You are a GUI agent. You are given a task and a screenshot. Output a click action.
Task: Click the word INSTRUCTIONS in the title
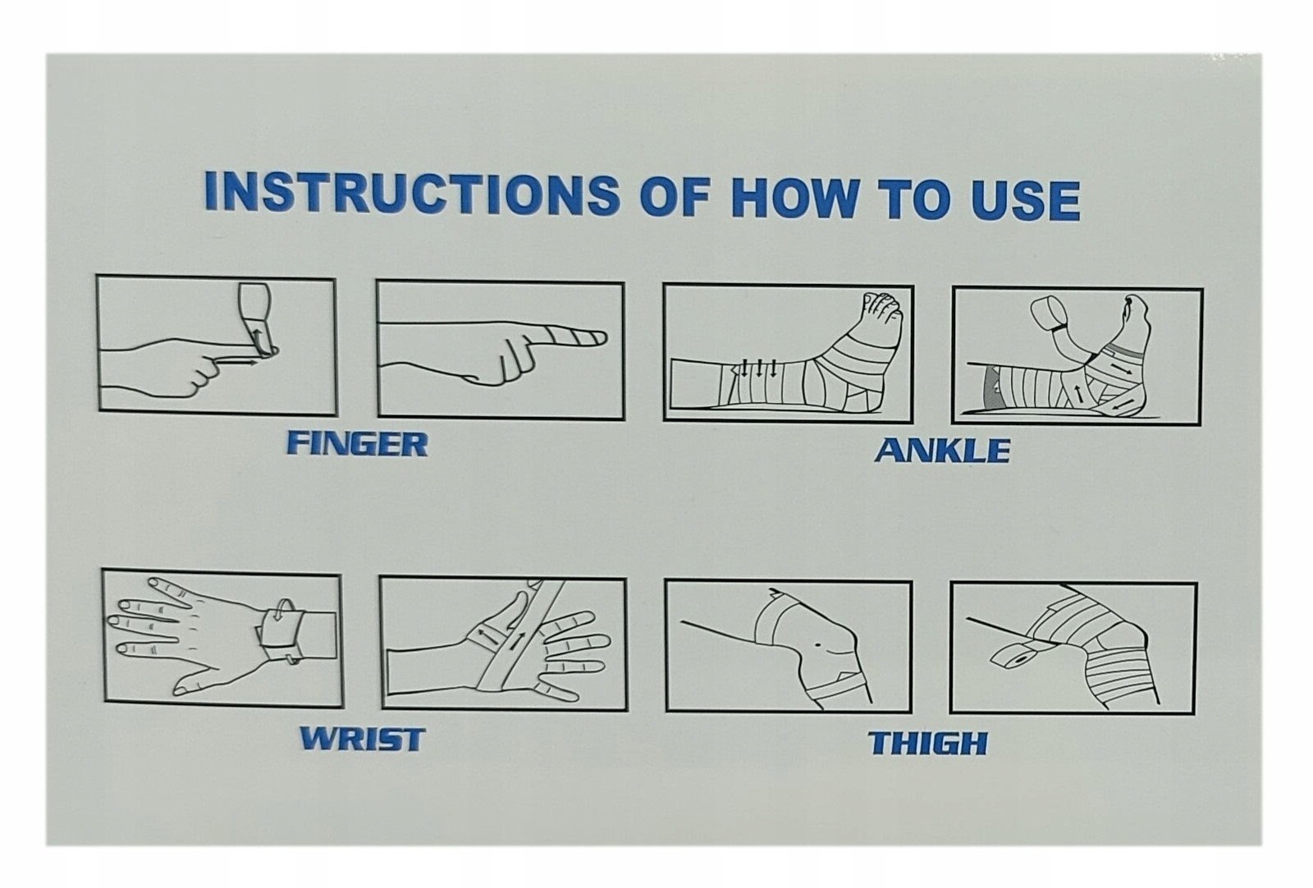coord(411,194)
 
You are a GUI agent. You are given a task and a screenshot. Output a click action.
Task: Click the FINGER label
coord(357,444)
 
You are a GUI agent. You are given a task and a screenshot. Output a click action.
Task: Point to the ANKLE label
coord(943,450)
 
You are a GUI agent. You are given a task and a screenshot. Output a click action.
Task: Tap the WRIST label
coord(362,739)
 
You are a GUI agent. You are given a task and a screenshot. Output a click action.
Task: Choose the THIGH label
coord(928,744)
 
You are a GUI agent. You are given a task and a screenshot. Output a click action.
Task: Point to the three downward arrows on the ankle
coord(758,368)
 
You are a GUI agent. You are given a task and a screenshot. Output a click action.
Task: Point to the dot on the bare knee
coord(817,646)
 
